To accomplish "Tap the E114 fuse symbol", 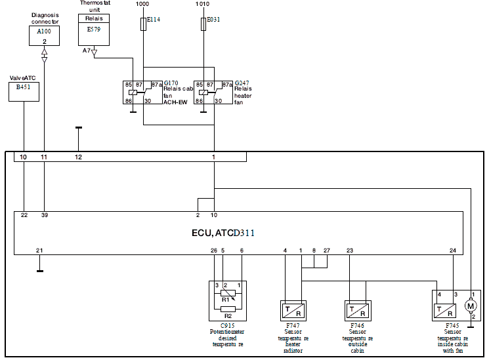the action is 143,24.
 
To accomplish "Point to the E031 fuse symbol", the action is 203,24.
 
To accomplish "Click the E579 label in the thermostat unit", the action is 94,30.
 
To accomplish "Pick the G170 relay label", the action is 171,83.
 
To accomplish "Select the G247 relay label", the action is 242,83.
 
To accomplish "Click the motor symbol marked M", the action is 471,306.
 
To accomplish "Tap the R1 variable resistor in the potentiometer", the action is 228,293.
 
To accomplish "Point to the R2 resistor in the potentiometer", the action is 228,310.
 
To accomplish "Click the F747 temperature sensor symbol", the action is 293,311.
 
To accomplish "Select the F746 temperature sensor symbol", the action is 358,311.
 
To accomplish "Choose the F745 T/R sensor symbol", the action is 445,310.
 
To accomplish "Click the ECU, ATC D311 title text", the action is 223,233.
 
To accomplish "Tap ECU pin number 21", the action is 39,250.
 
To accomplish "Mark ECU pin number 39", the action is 45,215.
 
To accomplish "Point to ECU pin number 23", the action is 350,250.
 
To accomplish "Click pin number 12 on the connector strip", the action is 78,157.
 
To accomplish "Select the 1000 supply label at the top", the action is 142,4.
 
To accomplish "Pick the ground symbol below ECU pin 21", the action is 40,271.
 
